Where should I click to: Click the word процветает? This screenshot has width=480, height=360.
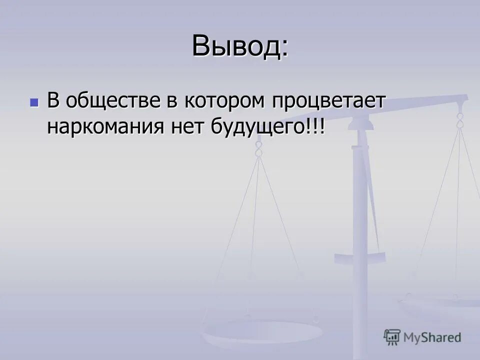(329, 101)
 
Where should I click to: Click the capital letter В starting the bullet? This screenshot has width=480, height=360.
(53, 101)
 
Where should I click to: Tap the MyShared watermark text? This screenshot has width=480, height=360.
(432, 337)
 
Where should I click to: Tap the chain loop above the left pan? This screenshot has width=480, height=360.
(258, 148)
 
